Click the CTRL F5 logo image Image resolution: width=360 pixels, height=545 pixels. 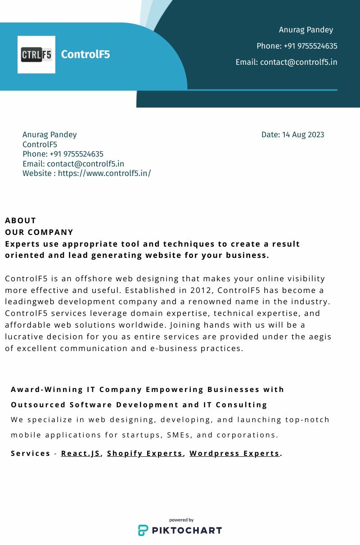click(36, 54)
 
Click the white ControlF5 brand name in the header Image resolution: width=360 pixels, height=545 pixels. click(85, 54)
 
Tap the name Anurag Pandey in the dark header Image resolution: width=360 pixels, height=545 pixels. click(306, 30)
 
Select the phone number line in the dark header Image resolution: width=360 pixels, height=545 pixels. click(297, 46)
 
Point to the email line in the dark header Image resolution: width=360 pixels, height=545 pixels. click(286, 62)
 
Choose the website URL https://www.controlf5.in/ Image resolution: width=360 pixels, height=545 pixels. click(104, 173)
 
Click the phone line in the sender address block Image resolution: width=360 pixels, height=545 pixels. click(63, 154)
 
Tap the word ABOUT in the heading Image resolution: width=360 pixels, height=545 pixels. click(21, 221)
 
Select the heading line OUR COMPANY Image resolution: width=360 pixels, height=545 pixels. click(39, 232)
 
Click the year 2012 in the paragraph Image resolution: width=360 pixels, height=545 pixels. click(200, 290)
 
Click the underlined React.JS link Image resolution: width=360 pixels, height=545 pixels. click(81, 453)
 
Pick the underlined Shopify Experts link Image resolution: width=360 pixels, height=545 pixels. click(145, 453)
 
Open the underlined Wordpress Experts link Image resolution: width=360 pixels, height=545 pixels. click(234, 453)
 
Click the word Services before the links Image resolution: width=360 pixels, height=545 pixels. click(31, 453)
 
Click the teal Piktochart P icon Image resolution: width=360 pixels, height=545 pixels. click(143, 530)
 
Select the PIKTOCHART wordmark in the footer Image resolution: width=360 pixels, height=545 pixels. click(186, 530)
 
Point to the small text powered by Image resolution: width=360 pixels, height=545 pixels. click(181, 520)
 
